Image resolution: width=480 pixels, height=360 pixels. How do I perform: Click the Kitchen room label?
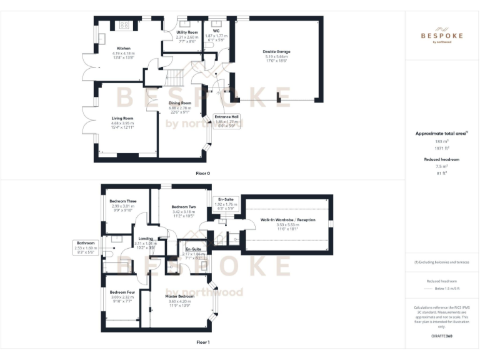tap(123, 47)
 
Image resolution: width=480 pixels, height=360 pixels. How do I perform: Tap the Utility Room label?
tap(187, 32)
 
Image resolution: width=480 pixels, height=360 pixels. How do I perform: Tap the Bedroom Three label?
tap(122, 200)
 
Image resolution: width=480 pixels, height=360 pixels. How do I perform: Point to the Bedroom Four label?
tap(122, 292)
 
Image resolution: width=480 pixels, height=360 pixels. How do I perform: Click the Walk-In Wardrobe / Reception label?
tap(287, 220)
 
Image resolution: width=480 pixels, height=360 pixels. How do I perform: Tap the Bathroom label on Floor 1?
tap(85, 242)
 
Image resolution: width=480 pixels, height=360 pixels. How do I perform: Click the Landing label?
tap(146, 238)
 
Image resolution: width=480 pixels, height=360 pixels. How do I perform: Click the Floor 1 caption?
tap(203, 342)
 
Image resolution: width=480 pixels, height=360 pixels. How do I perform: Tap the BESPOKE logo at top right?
tap(442, 36)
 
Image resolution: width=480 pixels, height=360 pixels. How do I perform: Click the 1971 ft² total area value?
tap(442, 149)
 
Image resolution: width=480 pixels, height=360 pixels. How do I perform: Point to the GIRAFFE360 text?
tap(442, 336)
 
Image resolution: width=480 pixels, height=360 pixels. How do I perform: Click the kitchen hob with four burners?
tap(124, 26)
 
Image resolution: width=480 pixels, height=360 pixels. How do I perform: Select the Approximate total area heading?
tap(441, 134)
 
